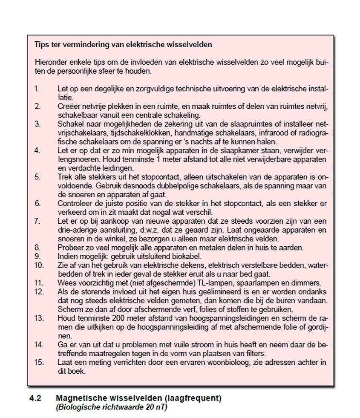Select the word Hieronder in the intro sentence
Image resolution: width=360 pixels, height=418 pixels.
click(x=50, y=62)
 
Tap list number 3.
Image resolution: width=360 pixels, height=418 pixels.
click(x=37, y=124)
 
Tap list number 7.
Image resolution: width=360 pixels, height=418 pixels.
click(x=37, y=220)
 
